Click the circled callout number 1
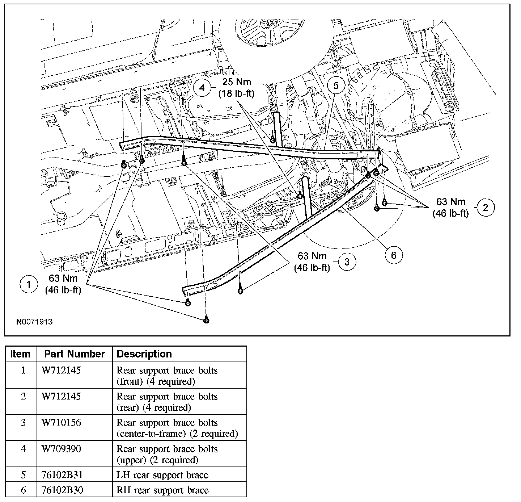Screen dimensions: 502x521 click(29, 284)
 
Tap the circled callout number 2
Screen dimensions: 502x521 click(486, 207)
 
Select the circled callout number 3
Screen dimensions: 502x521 click(347, 262)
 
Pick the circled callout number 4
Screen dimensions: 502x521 click(202, 88)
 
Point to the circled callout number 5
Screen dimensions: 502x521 click(336, 85)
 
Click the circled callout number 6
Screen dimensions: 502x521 click(393, 255)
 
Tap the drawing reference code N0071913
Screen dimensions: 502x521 click(34, 322)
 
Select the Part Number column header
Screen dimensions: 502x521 click(75, 354)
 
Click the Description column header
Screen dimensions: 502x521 click(144, 354)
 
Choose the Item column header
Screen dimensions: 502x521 click(21, 354)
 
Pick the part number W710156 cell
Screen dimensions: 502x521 click(61, 423)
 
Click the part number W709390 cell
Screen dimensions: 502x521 click(61, 449)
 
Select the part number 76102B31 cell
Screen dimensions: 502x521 click(61, 475)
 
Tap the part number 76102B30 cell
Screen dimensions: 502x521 click(62, 490)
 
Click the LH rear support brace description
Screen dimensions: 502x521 click(162, 475)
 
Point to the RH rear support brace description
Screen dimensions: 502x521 click(162, 490)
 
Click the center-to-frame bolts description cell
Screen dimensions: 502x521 click(177, 428)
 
